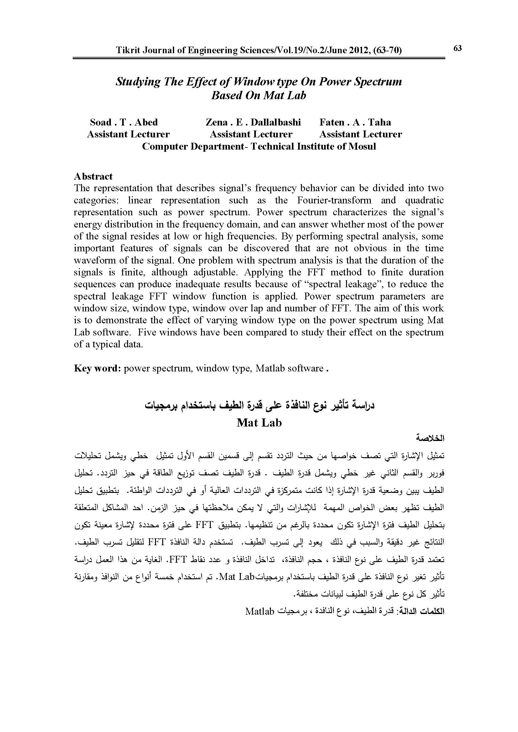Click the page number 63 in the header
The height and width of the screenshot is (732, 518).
(x=457, y=48)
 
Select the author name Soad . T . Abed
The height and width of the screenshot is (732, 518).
(x=124, y=122)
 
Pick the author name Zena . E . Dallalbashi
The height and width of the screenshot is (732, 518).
(x=253, y=122)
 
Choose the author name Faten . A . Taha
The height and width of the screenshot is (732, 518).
(x=355, y=122)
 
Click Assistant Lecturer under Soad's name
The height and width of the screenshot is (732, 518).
(x=128, y=134)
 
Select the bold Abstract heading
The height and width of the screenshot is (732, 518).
(x=93, y=176)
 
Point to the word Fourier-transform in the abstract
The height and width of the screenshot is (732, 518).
(x=334, y=200)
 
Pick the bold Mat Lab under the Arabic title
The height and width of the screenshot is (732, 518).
(x=259, y=423)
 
